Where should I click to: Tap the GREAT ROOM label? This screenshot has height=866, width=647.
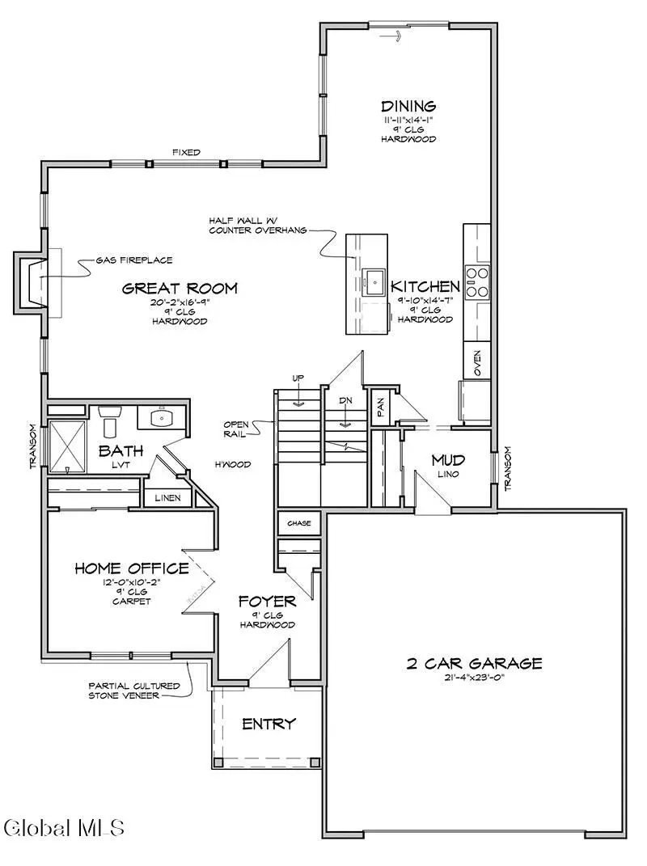tap(180, 288)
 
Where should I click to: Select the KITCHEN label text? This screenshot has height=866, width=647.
tap(425, 286)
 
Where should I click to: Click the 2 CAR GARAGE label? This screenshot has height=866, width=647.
tap(474, 663)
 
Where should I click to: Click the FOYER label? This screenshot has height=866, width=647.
tap(266, 602)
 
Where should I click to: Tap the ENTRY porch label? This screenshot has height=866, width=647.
tap(269, 724)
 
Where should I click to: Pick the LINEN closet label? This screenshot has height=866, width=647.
tap(168, 498)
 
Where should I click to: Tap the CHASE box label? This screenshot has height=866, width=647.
tap(298, 524)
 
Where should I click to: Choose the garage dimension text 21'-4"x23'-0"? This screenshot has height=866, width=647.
tap(474, 682)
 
